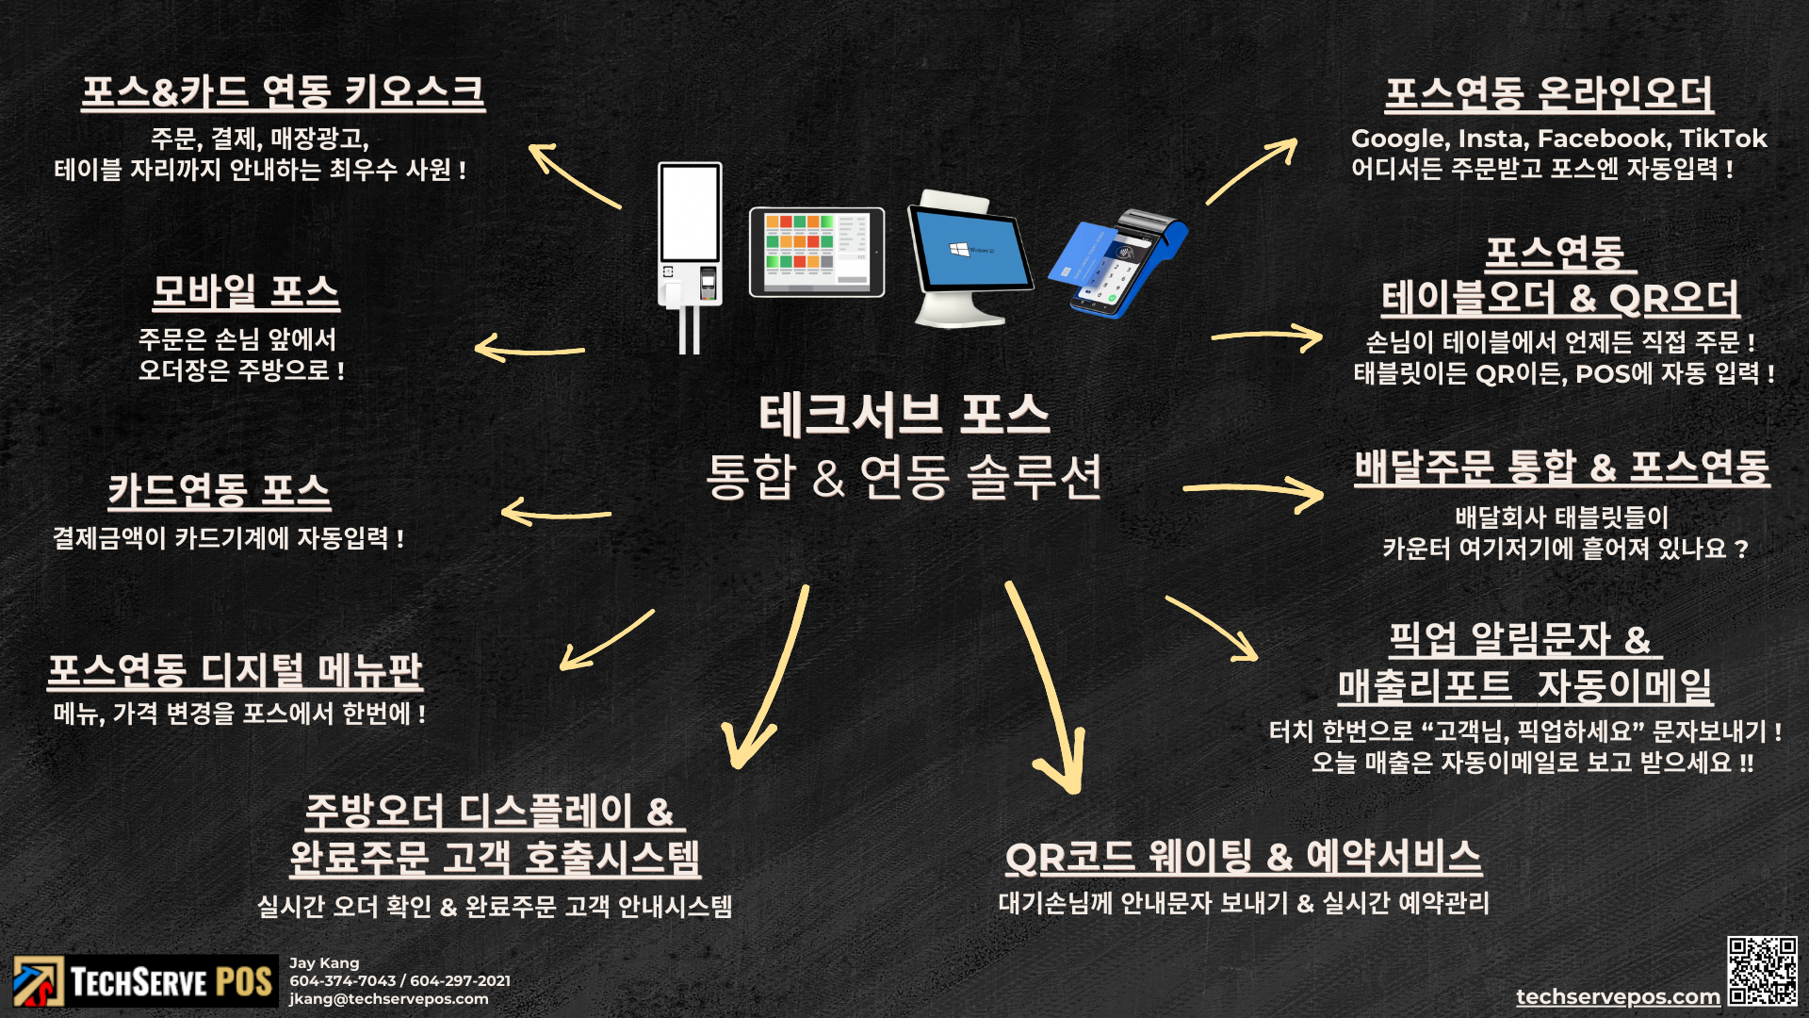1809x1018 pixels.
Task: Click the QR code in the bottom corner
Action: (1762, 971)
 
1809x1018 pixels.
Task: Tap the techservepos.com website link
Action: (1618, 996)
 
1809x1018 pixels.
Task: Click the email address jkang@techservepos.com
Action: (388, 999)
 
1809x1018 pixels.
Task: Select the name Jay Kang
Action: (324, 963)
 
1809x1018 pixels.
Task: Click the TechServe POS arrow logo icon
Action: (38, 981)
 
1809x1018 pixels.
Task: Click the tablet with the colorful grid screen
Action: (816, 252)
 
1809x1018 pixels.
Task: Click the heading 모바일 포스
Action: (246, 292)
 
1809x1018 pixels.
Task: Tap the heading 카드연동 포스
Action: (219, 490)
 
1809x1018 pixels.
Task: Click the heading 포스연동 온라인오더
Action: (1548, 94)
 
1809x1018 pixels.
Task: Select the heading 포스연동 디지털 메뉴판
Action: (235, 671)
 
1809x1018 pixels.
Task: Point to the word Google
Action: (1398, 139)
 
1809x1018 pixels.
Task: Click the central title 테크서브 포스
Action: (904, 416)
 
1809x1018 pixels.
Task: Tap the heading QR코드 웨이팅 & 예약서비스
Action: (1243, 857)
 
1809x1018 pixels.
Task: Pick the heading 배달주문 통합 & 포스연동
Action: (1561, 468)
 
